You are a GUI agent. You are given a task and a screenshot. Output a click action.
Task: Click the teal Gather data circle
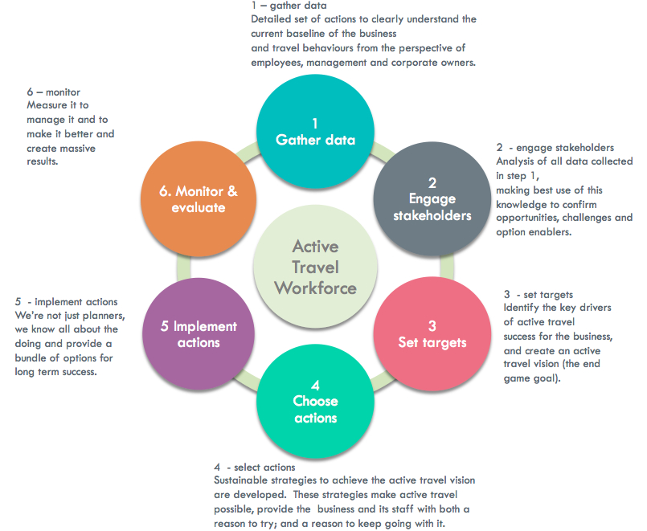(315, 131)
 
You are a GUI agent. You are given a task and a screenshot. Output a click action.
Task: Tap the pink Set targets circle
(432, 333)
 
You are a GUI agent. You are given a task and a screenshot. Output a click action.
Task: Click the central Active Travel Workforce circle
(315, 266)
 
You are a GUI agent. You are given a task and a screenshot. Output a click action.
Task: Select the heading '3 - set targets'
(538, 294)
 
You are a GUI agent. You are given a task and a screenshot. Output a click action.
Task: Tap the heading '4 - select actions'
(254, 467)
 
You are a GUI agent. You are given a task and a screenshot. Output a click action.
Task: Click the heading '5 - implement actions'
(66, 302)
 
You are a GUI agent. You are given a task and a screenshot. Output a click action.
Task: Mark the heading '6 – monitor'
(53, 92)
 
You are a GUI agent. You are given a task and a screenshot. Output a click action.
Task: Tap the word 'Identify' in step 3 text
(523, 308)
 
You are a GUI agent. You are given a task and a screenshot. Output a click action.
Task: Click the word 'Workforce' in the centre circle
(315, 287)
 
